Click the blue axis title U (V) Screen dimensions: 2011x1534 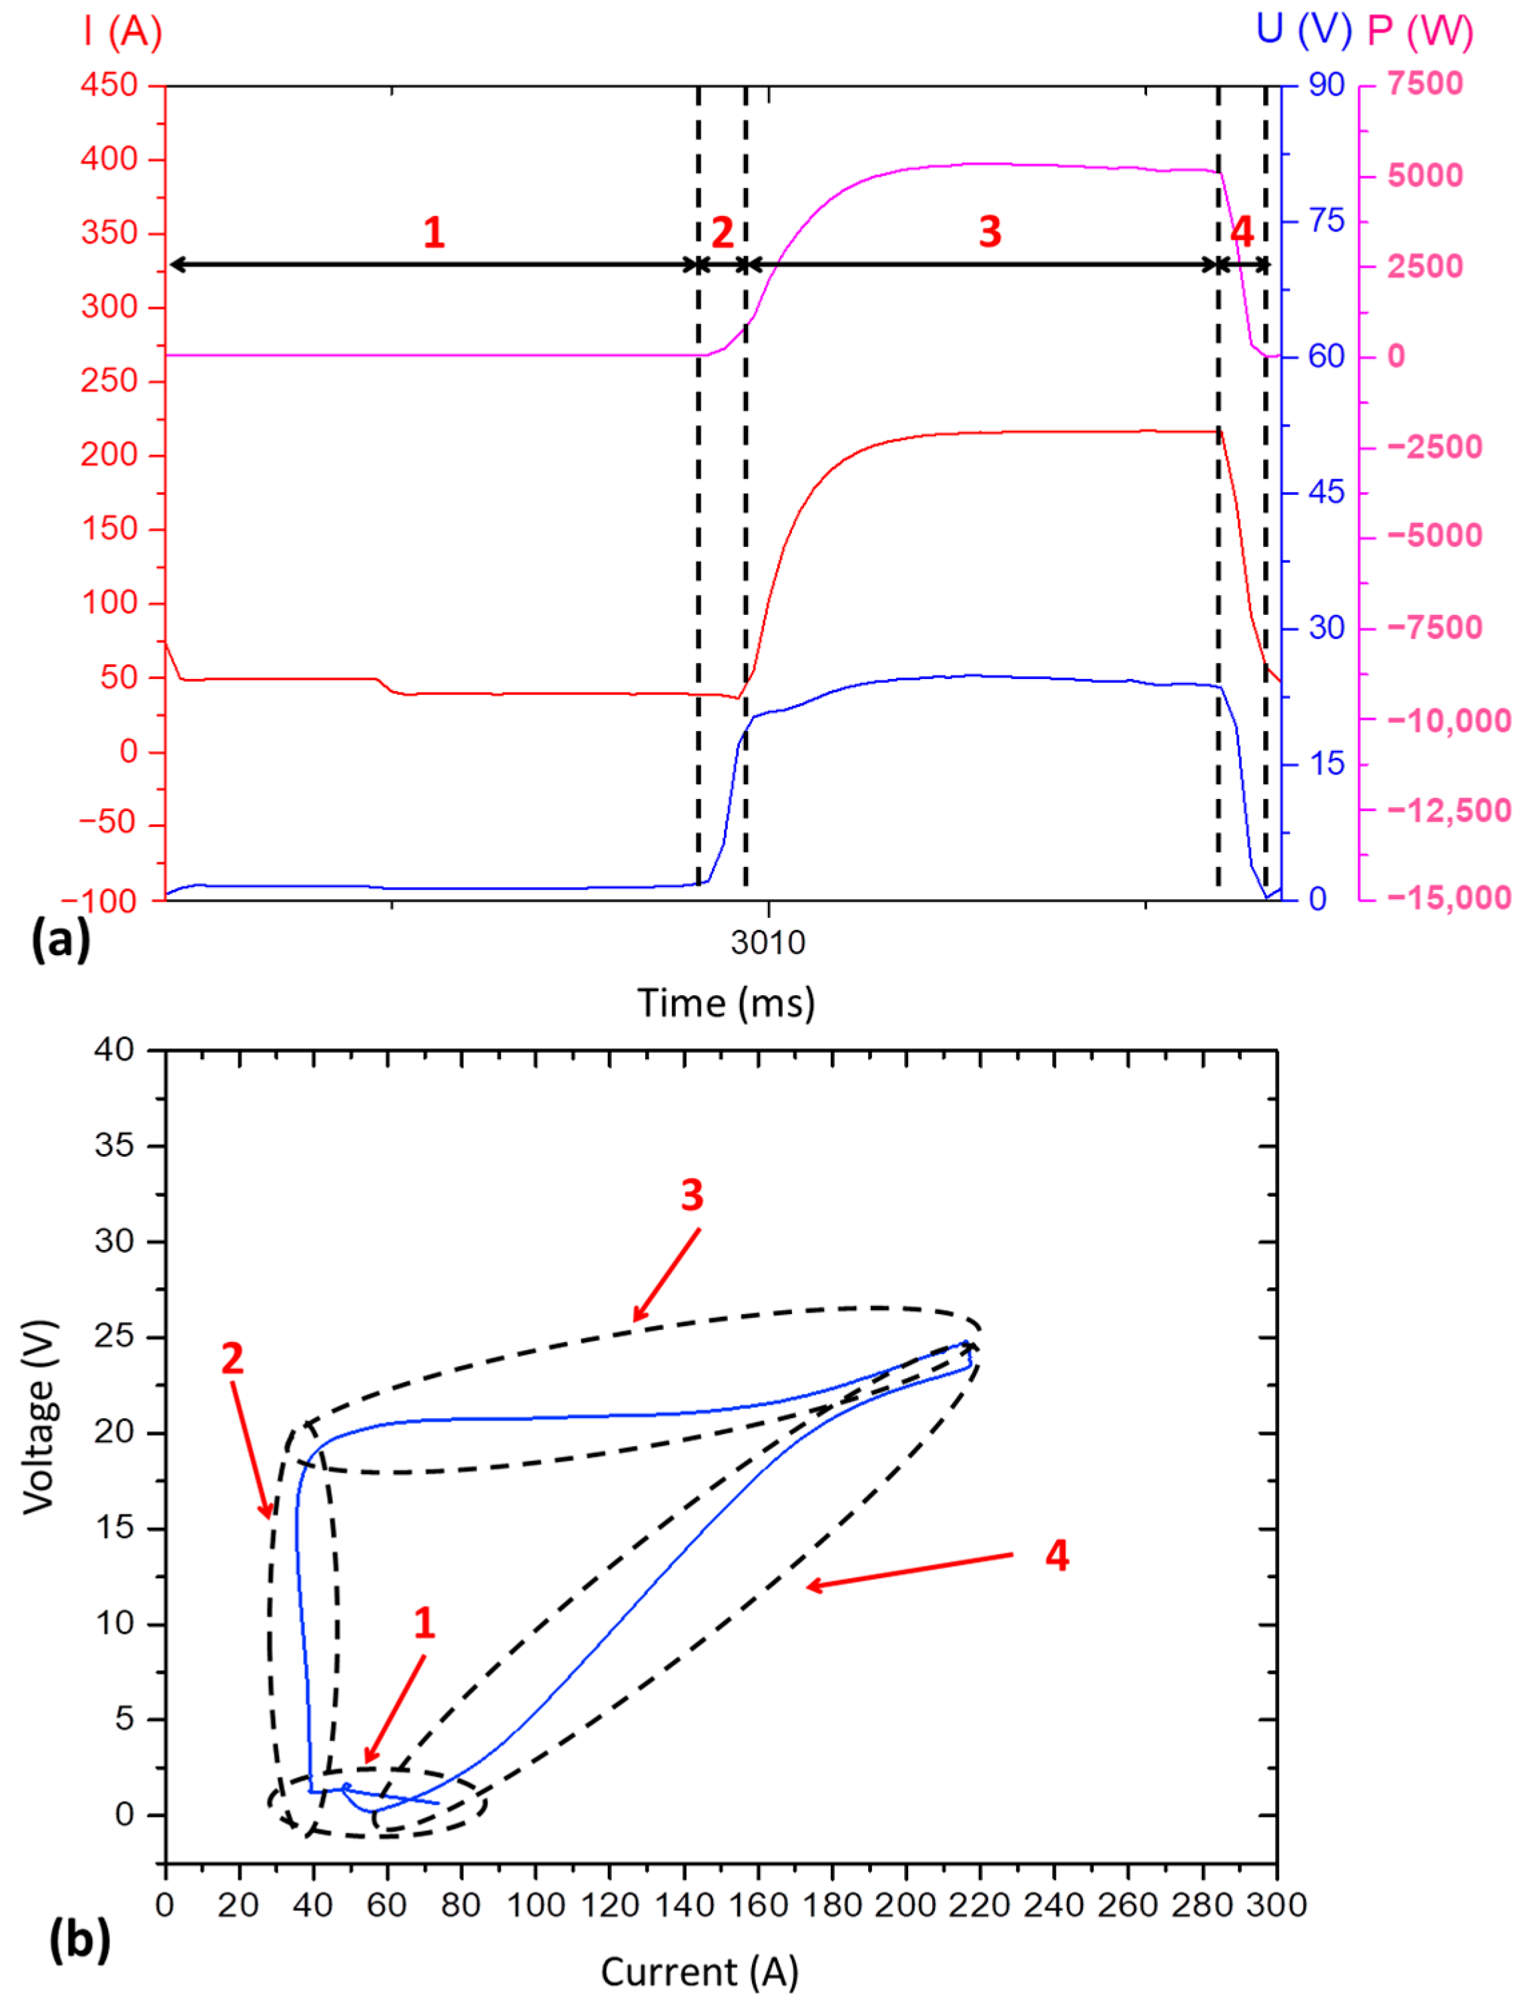pyautogui.click(x=1303, y=30)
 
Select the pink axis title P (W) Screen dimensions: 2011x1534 pyautogui.click(x=1420, y=32)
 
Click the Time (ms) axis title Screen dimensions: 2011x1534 pyautogui.click(x=726, y=1003)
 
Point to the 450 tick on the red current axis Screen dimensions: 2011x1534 pyautogui.click(x=109, y=85)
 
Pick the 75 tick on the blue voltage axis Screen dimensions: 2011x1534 pyautogui.click(x=1326, y=221)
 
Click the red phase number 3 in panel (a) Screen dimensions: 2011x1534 pyautogui.click(x=990, y=232)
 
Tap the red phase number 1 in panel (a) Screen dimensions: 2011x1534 pyautogui.click(x=434, y=233)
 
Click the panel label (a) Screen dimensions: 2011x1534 pyautogui.click(x=60, y=938)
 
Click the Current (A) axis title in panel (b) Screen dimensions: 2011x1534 pyautogui.click(x=699, y=1972)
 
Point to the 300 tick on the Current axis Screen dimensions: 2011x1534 pyautogui.click(x=1276, y=1905)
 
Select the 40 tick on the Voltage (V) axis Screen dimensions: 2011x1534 pyautogui.click(x=114, y=1050)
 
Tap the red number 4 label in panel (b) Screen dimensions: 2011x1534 pyautogui.click(x=1056, y=1555)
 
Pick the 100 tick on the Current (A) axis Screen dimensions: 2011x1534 pyautogui.click(x=535, y=1905)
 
